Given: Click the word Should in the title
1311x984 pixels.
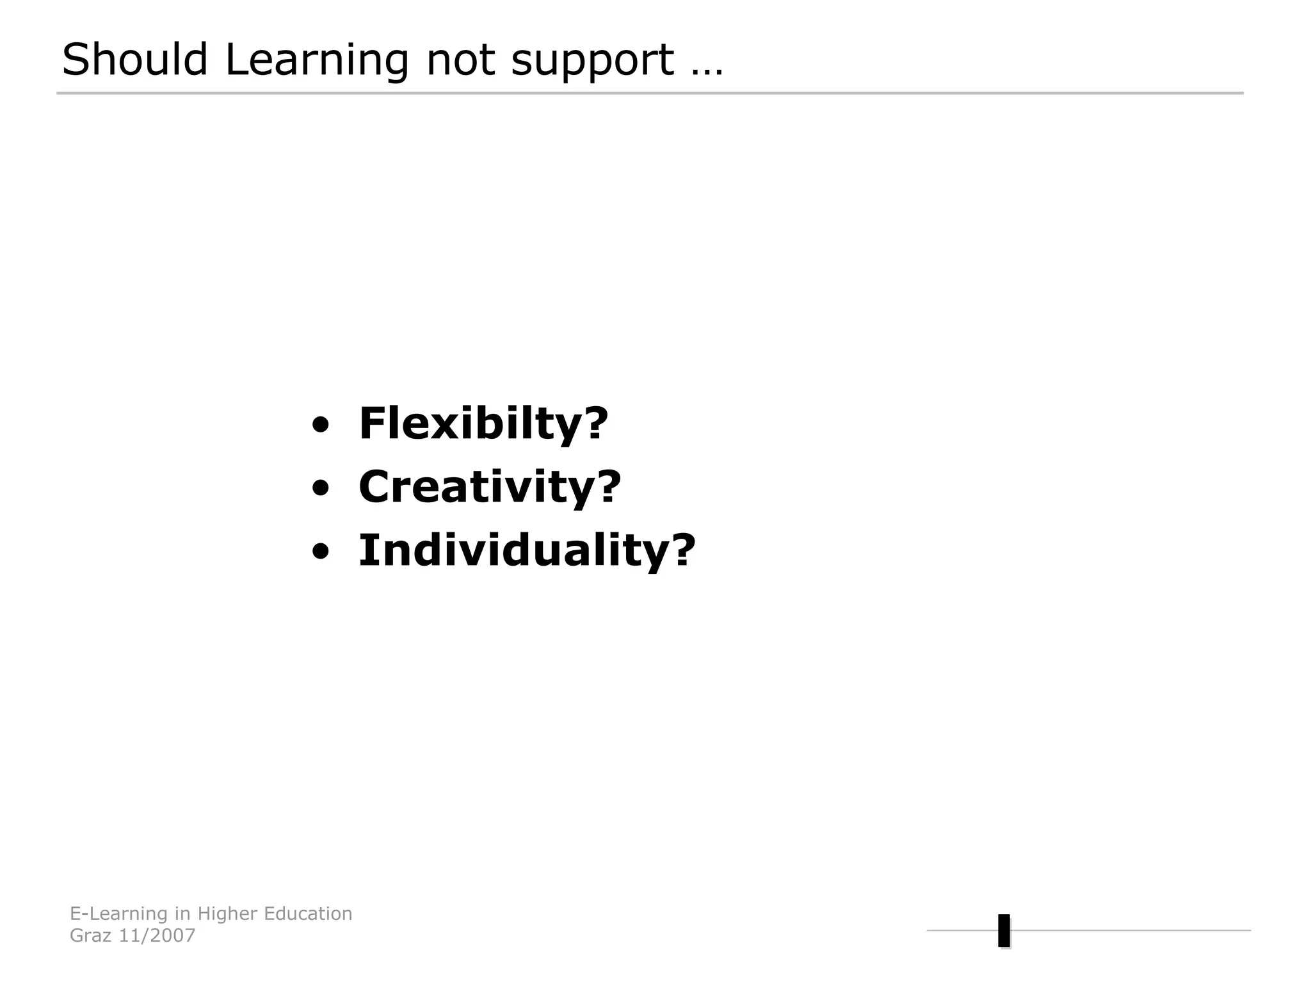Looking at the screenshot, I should pyautogui.click(x=134, y=60).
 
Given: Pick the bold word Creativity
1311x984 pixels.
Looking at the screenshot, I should pyautogui.click(x=477, y=487).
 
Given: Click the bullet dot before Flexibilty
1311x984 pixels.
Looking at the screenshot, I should pyautogui.click(x=321, y=425).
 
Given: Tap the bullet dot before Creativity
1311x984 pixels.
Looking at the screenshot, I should pyautogui.click(x=321, y=488).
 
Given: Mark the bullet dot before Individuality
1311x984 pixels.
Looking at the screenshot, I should pyautogui.click(x=321, y=552).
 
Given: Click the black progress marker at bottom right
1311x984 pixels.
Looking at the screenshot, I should pyautogui.click(x=1004, y=930).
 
